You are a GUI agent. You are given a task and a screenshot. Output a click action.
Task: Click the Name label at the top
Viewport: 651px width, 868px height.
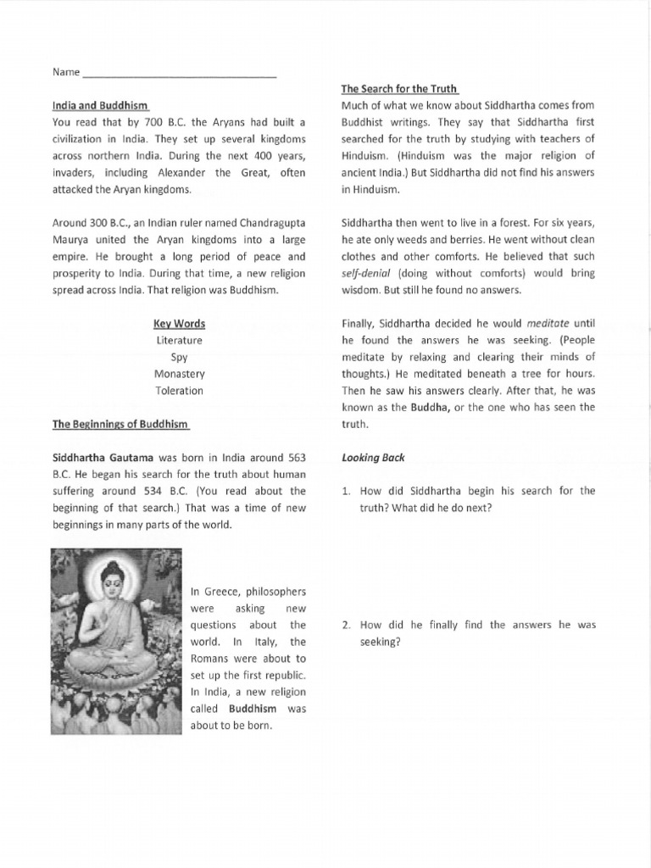click(65, 72)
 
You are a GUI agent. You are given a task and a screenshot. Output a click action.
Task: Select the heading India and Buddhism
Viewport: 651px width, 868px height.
click(101, 105)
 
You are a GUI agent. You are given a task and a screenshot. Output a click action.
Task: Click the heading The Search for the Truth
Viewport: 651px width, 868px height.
click(400, 88)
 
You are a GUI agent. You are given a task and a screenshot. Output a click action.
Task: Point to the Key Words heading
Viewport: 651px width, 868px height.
click(179, 324)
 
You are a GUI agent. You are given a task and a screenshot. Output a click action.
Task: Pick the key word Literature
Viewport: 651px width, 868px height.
click(179, 340)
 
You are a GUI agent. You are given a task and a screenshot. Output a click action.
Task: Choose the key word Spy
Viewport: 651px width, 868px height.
click(179, 357)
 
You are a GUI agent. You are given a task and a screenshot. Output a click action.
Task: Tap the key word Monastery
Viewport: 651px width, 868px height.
click(179, 374)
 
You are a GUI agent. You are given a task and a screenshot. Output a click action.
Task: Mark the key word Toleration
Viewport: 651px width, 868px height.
click(179, 391)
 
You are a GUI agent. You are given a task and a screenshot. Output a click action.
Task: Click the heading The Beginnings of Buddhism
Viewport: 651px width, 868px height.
click(120, 424)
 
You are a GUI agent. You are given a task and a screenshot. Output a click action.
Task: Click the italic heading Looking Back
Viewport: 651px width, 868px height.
click(373, 457)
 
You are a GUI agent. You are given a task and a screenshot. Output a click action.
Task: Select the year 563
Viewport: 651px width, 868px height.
click(292, 457)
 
